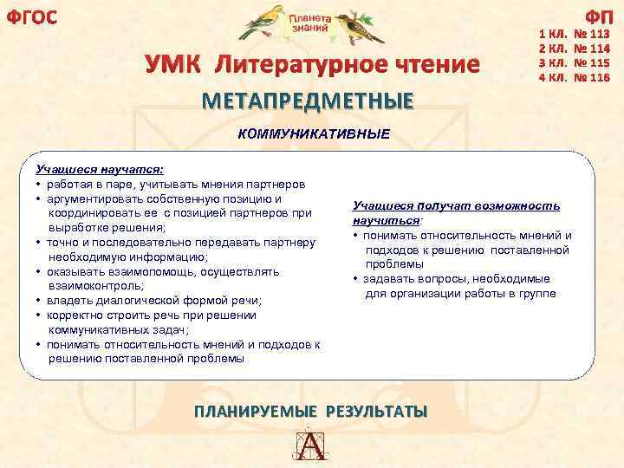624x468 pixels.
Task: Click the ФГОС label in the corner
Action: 31,16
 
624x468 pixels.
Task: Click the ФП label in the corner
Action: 599,16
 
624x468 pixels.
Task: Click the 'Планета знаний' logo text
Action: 309,23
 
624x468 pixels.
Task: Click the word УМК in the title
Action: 176,64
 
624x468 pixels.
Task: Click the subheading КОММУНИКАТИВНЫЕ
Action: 314,134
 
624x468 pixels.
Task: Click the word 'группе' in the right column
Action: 537,294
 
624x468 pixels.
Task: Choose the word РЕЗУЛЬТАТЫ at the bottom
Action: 376,411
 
